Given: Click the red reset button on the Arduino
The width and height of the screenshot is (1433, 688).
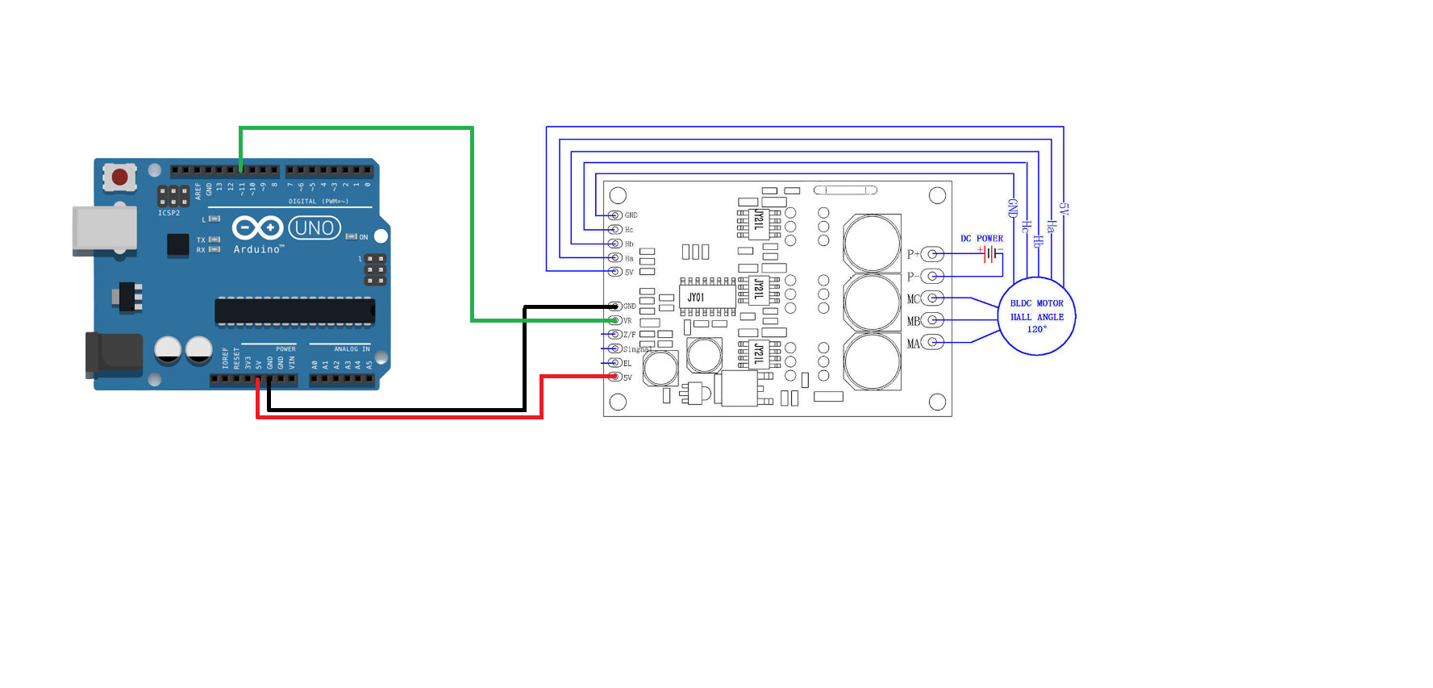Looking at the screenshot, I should tap(120, 177).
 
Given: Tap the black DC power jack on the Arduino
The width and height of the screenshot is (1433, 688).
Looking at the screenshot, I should tap(114, 355).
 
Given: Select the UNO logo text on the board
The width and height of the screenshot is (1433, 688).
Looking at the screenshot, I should tap(315, 228).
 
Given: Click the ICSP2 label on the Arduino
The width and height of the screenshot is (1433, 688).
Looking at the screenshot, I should tap(169, 213).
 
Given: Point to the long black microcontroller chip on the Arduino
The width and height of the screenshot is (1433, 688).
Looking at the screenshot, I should tap(294, 311).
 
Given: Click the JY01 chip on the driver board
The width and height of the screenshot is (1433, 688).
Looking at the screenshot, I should tap(696, 298).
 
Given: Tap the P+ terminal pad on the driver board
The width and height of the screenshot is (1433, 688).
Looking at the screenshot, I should tap(933, 254).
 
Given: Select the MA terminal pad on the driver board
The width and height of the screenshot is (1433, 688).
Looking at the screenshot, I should tap(933, 343).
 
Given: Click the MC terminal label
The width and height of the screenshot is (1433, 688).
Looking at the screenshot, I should tap(913, 299).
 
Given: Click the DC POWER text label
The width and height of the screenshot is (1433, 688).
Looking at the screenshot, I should tap(981, 239).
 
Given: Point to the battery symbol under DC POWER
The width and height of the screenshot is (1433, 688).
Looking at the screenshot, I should tap(990, 254).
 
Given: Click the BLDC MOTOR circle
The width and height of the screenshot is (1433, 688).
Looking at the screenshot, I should tap(1037, 316).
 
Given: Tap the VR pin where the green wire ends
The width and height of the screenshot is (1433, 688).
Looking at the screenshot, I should tap(615, 321).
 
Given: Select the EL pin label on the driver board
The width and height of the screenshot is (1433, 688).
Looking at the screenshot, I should tap(627, 364).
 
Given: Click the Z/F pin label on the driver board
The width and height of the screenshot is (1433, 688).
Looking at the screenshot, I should tap(629, 335).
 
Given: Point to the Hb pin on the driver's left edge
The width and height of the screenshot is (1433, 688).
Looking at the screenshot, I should tap(615, 244).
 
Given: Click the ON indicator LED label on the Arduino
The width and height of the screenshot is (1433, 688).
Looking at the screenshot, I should tap(363, 237).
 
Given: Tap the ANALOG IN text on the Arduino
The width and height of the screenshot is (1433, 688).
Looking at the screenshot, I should tap(352, 349).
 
